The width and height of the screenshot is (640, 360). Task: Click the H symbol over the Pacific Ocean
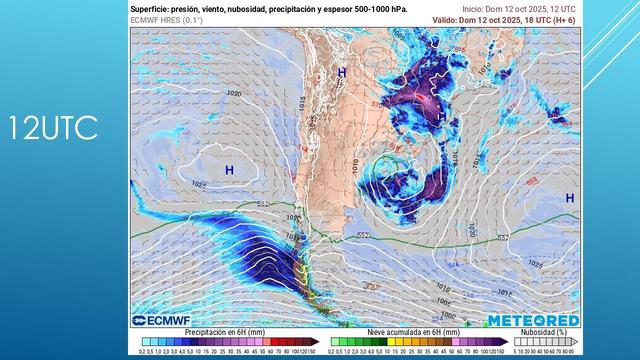(x=229, y=172)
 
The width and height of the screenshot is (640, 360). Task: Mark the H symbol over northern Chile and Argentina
(x=343, y=73)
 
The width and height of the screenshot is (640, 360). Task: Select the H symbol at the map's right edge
(x=570, y=198)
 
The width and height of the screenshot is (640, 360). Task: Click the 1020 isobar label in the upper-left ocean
(x=234, y=94)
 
